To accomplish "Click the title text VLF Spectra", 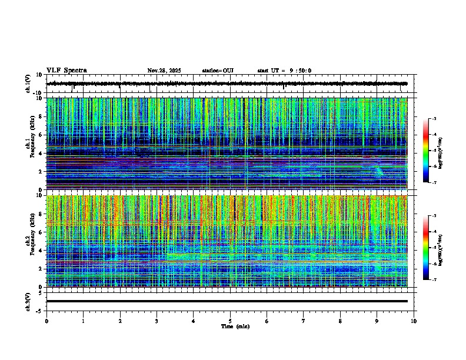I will click(x=66, y=71).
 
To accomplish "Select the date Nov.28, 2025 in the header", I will click(x=164, y=71).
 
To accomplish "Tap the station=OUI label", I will click(x=218, y=71).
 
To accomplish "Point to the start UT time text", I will click(x=284, y=71).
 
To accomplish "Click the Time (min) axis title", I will click(x=235, y=326).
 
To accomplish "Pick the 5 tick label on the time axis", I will click(x=230, y=321).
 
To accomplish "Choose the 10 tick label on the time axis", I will click(x=414, y=321).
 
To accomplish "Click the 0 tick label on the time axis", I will click(x=46, y=321).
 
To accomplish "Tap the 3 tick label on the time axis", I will click(x=157, y=321).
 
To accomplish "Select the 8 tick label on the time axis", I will click(x=340, y=321).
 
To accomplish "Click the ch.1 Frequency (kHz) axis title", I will click(x=30, y=144).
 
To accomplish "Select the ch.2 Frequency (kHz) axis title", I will click(x=30, y=241).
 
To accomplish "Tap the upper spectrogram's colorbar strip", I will click(x=431, y=151).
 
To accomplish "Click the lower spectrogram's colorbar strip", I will click(x=431, y=248).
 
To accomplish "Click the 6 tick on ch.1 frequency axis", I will click(x=41, y=135).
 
